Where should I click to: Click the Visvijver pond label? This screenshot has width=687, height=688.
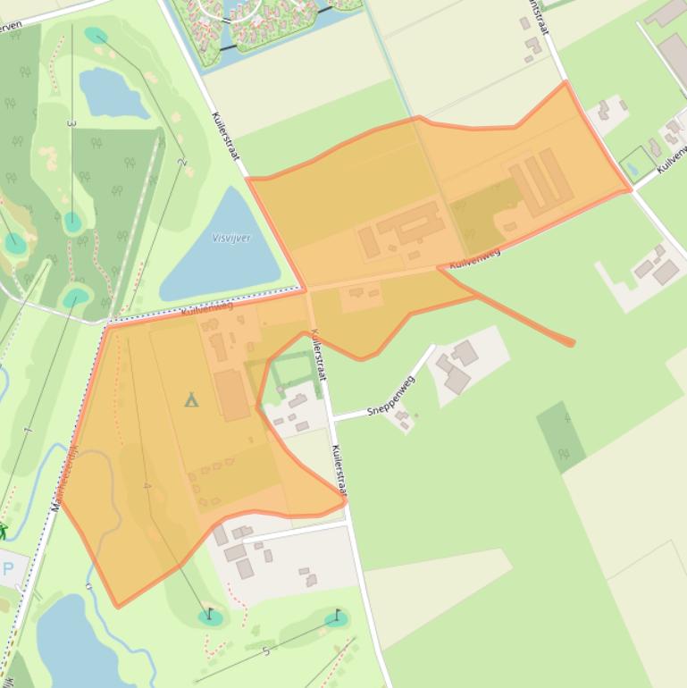pos(231,238)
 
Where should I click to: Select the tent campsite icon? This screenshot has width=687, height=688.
pos(191,399)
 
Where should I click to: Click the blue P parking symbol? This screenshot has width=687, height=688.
pos(8,568)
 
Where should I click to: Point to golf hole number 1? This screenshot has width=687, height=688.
pos(28,431)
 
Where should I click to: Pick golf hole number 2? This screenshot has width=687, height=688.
pos(181,162)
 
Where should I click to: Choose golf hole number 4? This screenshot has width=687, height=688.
pos(147,486)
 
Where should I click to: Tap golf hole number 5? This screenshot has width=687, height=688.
pos(265,651)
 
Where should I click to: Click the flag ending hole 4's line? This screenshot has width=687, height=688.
pos(210,614)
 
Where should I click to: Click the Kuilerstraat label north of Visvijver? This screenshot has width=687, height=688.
pos(226,136)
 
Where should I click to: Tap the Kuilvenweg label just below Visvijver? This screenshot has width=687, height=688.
pos(206,307)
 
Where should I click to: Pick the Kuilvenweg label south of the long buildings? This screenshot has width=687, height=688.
pos(474,258)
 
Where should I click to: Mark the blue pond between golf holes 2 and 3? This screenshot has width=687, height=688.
pos(113,93)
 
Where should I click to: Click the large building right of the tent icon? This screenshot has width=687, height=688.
pos(231,394)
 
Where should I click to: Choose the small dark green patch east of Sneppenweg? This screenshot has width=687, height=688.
pos(562,435)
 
